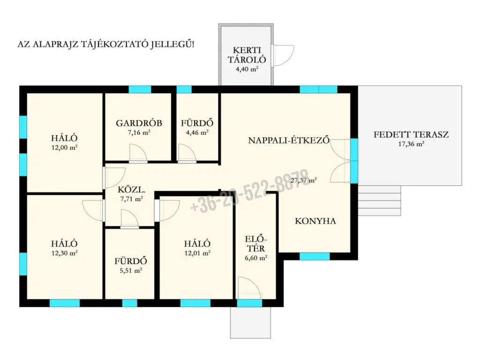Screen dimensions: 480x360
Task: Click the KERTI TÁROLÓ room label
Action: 247,55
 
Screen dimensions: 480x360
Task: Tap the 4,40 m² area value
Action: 247,69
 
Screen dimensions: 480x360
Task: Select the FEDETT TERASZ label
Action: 411,135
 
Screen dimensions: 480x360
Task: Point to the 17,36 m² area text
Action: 411,143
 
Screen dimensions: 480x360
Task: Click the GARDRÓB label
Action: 139,123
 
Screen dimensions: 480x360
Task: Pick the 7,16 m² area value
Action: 139,133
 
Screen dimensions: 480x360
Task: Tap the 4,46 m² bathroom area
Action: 197,133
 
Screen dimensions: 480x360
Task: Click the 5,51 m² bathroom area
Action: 131,270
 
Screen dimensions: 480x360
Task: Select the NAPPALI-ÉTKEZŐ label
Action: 289,140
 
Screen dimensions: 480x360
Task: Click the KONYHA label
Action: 315,221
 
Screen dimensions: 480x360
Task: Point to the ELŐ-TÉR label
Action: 256,244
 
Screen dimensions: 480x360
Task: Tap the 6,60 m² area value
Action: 256,258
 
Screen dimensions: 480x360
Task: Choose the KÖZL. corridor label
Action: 131,189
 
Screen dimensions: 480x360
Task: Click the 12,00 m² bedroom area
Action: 64,147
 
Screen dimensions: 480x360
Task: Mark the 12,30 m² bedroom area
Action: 64,253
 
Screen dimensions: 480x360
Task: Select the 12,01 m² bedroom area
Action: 197,253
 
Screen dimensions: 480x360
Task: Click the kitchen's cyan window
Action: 315,256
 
